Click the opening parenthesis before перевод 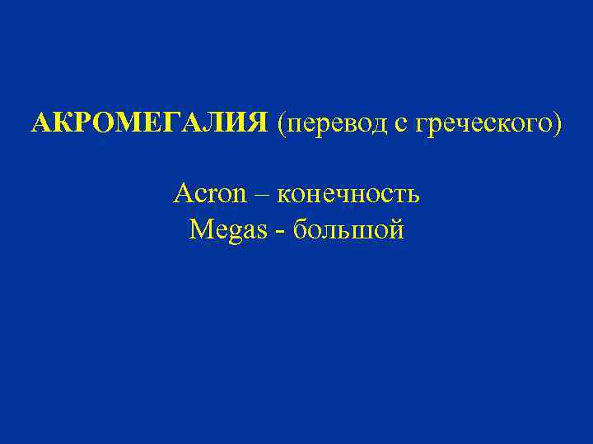282,124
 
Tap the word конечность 348,196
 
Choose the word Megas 227,229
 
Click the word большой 349,229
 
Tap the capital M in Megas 200,229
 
